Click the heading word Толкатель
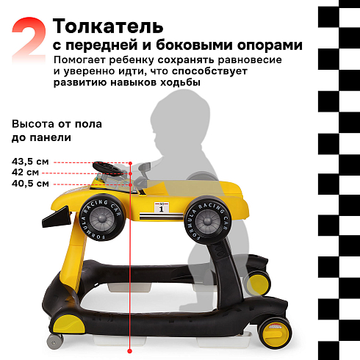point(108,26)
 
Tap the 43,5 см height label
point(30,162)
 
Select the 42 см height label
point(25,173)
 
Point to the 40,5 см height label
point(30,184)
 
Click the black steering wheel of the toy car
point(108,168)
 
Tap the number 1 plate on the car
point(162,207)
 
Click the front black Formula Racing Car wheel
point(102,217)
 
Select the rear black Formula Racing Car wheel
point(208,220)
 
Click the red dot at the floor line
point(130,351)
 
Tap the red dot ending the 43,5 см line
point(130,163)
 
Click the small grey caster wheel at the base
point(55,341)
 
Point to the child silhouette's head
point(180,123)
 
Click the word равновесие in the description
point(250,60)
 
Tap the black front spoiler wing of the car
point(57,217)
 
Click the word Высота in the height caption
point(32,124)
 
